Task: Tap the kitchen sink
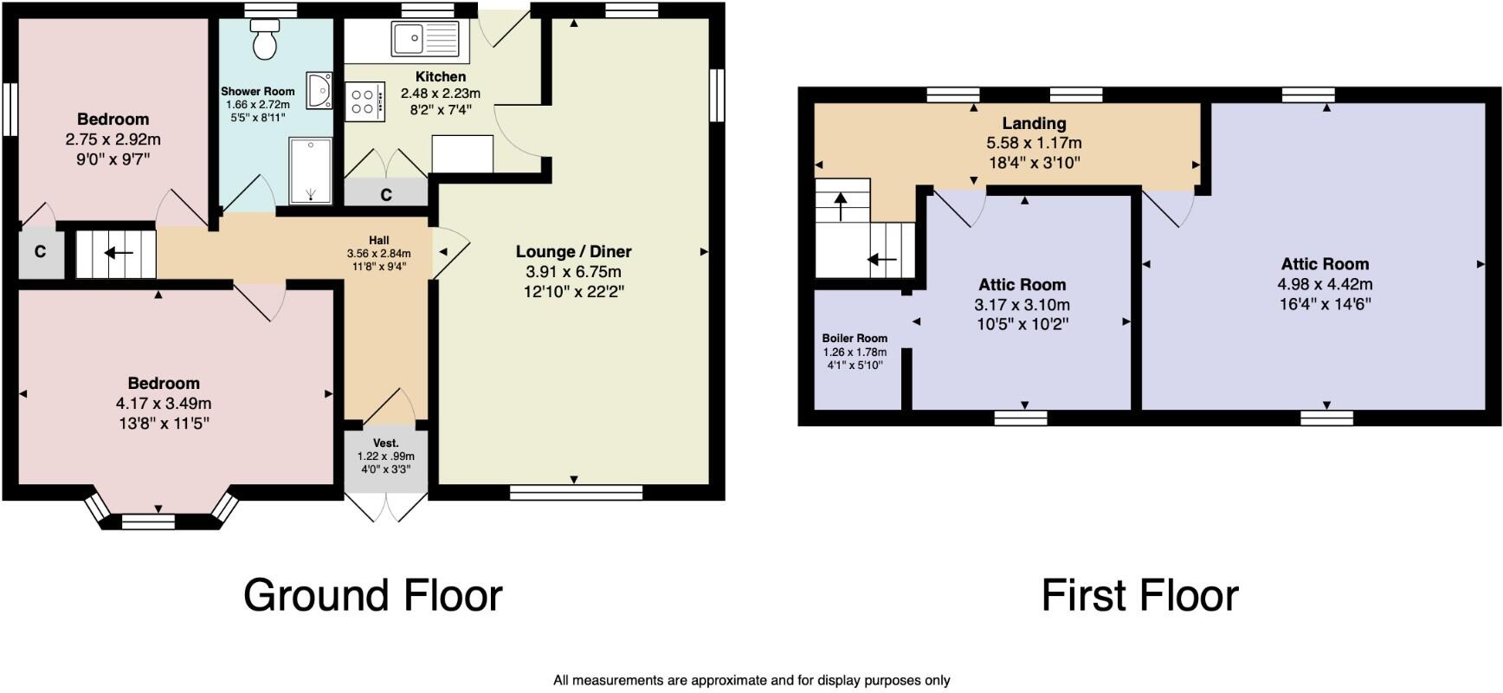click(x=424, y=39)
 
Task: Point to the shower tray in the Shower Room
click(x=309, y=171)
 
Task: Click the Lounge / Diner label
click(x=573, y=251)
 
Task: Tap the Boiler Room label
click(x=855, y=339)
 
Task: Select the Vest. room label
click(x=385, y=443)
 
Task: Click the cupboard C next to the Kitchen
click(x=386, y=195)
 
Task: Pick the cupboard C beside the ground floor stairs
click(x=40, y=252)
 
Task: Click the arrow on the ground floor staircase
click(x=119, y=253)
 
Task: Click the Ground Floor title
click(x=372, y=595)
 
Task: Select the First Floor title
click(x=1139, y=595)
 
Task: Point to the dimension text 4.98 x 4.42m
click(x=1324, y=284)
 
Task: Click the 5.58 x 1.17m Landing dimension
click(x=1034, y=143)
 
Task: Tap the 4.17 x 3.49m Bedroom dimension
click(x=164, y=403)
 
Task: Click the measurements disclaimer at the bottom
click(x=751, y=681)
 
